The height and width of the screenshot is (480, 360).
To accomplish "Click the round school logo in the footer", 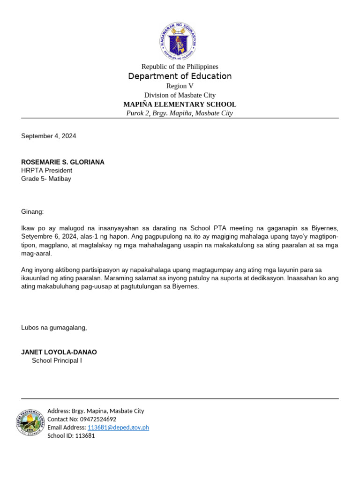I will coord(30,423).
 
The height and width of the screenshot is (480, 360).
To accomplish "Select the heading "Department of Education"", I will coord(180,76).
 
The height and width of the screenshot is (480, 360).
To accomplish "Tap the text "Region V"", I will coord(180,86).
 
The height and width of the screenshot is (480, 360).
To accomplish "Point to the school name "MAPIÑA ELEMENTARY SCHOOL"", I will coord(180,105).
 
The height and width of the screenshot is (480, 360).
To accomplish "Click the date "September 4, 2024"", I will coord(48,136).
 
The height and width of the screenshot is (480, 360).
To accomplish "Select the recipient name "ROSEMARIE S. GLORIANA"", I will coord(63,162).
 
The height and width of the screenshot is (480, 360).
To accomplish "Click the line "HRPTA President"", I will coord(46,171).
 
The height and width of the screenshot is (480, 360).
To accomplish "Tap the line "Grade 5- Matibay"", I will coord(46,179).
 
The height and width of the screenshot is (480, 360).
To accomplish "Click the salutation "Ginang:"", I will coord(32,212).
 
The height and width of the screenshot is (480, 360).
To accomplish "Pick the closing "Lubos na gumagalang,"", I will coord(54,328).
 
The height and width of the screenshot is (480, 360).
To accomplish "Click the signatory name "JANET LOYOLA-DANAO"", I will coord(59,352).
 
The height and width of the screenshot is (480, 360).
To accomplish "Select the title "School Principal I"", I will coord(57,360).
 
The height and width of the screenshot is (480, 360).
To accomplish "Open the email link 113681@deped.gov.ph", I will coord(118,427).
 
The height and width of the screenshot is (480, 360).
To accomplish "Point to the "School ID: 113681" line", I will coord(71,435).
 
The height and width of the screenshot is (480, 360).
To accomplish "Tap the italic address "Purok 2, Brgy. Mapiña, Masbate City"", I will coord(180,113).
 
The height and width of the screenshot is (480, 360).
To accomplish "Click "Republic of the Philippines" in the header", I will coord(180,67).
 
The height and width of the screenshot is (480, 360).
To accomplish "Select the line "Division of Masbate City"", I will coord(180,95).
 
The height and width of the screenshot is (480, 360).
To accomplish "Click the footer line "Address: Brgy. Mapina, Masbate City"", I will coord(96,411).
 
